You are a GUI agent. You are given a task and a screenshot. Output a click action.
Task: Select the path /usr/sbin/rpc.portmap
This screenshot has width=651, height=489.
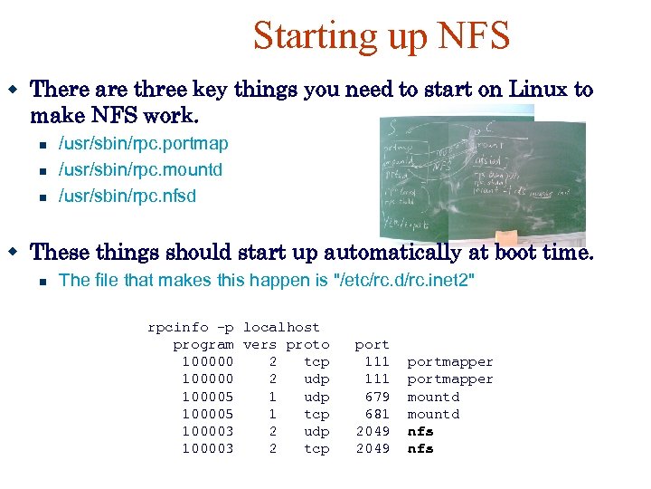point(143,144)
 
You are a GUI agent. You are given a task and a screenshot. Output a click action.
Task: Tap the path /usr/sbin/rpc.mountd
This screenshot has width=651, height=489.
point(140,170)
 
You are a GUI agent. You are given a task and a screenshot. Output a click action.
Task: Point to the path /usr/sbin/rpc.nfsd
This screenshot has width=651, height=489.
point(127,196)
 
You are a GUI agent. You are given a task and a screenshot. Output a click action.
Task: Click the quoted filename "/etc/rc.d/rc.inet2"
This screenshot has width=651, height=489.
point(404,281)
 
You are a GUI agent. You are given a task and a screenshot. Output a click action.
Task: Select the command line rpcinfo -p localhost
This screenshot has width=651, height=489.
point(233,327)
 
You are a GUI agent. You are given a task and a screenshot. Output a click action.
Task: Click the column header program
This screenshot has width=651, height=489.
point(203,345)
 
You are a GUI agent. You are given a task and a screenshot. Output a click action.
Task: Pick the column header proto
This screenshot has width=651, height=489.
point(307,345)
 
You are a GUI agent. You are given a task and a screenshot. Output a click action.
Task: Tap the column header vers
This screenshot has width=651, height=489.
point(260,345)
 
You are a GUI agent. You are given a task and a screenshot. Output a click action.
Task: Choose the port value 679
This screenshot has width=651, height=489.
point(377,397)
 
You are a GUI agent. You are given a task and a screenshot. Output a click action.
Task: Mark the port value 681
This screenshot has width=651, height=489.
point(377,414)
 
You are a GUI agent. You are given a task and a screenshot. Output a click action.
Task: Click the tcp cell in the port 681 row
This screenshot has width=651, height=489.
point(316,414)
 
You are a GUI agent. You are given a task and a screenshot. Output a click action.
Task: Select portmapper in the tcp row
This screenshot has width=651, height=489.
point(450,362)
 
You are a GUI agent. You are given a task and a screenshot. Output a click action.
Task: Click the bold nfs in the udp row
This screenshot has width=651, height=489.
point(420,432)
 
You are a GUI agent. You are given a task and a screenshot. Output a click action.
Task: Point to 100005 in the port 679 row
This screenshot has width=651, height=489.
point(208,397)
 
